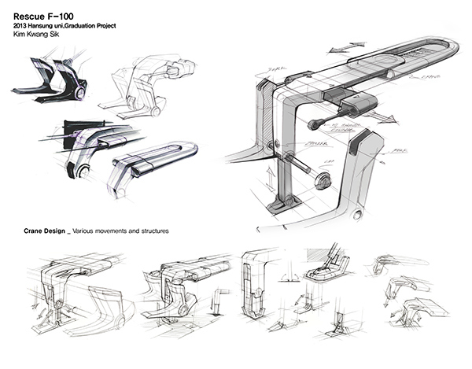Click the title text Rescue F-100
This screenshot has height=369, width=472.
coord(42,17)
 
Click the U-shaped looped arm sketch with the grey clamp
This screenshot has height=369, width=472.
coord(149,161)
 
